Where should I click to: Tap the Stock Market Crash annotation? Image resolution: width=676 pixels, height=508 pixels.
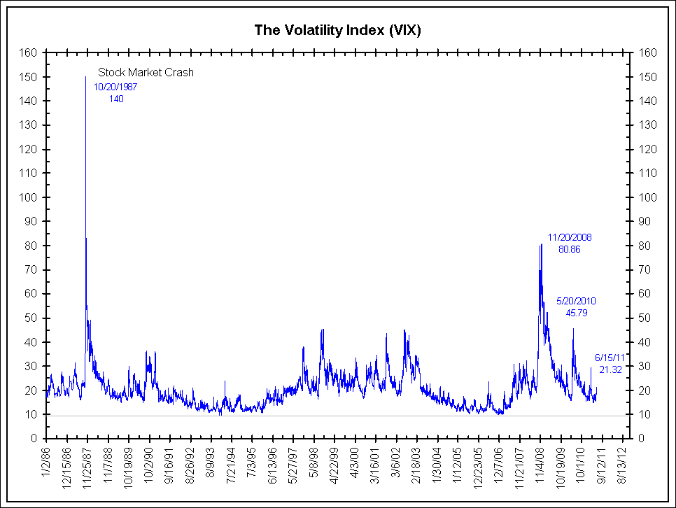pyautogui.click(x=146, y=72)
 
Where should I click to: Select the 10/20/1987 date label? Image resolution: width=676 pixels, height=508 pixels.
pyautogui.click(x=116, y=87)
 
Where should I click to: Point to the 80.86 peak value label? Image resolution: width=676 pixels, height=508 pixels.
pyautogui.click(x=569, y=249)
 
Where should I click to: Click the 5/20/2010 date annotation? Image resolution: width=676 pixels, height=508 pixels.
pyautogui.click(x=576, y=301)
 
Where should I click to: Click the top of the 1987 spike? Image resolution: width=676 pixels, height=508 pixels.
pyautogui.click(x=85, y=77)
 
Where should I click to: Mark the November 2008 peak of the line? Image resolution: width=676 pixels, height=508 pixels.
pyautogui.click(x=541, y=244)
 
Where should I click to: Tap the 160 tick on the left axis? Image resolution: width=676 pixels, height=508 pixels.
pyautogui.click(x=29, y=52)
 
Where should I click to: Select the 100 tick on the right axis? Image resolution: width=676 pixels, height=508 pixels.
pyautogui.click(x=647, y=197)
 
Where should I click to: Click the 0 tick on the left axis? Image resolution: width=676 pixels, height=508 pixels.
pyautogui.click(x=34, y=439)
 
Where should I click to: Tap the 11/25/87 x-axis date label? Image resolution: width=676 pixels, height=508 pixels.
pyautogui.click(x=87, y=465)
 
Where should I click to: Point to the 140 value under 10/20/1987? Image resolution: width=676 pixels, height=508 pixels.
pyautogui.click(x=116, y=99)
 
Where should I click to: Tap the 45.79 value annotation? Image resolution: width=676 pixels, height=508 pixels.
pyautogui.click(x=576, y=313)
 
